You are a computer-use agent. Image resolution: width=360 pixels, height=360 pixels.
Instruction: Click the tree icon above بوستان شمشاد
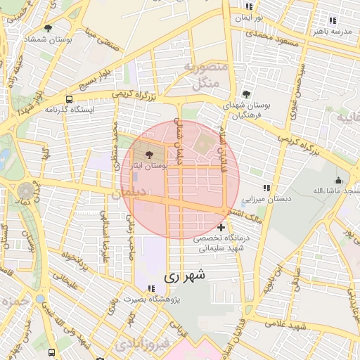pyautogui.click(x=48, y=28)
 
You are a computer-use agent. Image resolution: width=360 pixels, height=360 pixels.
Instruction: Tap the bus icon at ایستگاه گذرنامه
pyautogui.click(x=69, y=99)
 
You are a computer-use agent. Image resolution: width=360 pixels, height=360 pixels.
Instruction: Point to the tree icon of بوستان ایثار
pyautogui.click(x=148, y=153)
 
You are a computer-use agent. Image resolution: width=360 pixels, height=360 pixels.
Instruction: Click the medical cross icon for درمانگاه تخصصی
pyautogui.click(x=221, y=227)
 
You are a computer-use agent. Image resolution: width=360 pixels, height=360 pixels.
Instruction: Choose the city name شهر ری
pyautogui.click(x=186, y=276)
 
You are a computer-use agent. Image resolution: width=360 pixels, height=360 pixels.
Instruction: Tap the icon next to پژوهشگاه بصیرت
pyautogui.click(x=152, y=288)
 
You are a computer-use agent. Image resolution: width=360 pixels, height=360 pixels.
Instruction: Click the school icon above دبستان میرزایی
pyautogui.click(x=266, y=188)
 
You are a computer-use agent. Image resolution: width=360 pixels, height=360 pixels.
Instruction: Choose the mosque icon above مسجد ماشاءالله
pyautogui.click(x=338, y=179)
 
